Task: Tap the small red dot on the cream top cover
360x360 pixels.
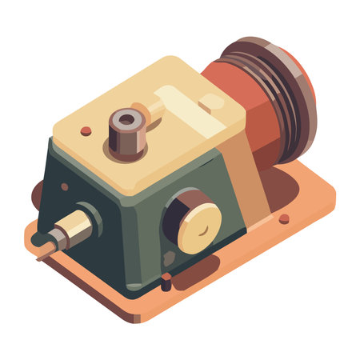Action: click(x=86, y=130)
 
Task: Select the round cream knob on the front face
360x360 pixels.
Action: click(x=199, y=226)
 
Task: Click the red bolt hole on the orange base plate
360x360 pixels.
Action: click(x=284, y=218)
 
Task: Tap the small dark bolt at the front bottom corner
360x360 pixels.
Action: click(x=166, y=282)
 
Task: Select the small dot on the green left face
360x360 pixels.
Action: click(x=65, y=186)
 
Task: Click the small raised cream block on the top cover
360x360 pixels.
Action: click(x=211, y=102)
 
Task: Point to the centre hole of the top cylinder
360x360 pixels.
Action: click(x=126, y=122)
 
